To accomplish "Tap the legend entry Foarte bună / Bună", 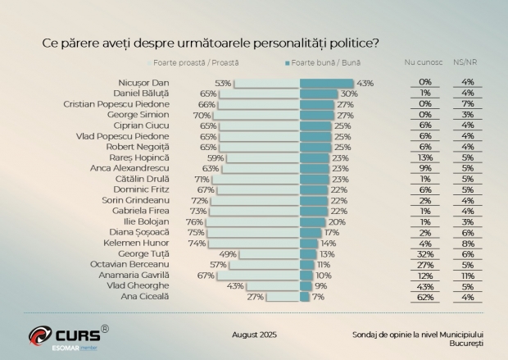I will [324, 62].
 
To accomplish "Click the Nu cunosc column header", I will [424, 62].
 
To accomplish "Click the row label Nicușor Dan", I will [143, 83].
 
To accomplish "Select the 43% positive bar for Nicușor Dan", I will [326, 83].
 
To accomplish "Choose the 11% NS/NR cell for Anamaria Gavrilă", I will [469, 275].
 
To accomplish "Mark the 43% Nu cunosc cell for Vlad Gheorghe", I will [425, 285].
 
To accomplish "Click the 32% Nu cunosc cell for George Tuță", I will [425, 253].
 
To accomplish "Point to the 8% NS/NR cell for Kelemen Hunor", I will [469, 243].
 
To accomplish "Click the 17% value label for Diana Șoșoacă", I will [332, 232].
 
